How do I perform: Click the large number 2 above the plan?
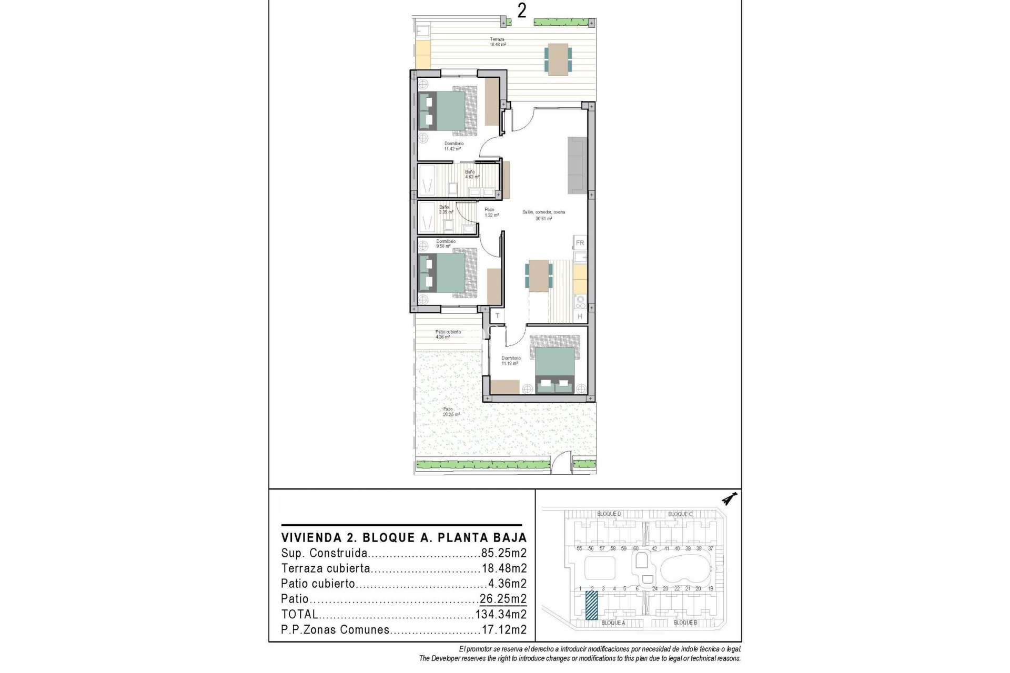pyautogui.click(x=521, y=11)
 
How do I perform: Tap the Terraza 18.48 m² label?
pyautogui.click(x=497, y=42)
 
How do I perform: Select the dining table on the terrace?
pyautogui.click(x=558, y=58)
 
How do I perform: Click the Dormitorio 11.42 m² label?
pyautogui.click(x=453, y=146)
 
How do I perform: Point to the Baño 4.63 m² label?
pyautogui.click(x=471, y=175)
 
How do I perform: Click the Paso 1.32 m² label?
pyautogui.click(x=491, y=212)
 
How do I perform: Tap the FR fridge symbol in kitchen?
pyautogui.click(x=580, y=243)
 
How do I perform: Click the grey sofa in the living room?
pyautogui.click(x=577, y=165)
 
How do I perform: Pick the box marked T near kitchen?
pyautogui.click(x=497, y=316)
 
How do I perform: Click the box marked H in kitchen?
pyautogui.click(x=580, y=317)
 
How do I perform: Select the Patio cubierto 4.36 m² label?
pyautogui.click(x=448, y=334)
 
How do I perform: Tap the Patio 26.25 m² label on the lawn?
pyautogui.click(x=450, y=412)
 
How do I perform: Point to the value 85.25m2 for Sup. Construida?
pyautogui.click(x=503, y=553)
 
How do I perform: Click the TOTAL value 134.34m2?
pyautogui.click(x=501, y=614)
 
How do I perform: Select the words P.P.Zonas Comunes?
pyautogui.click(x=335, y=629)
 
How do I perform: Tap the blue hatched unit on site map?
pyautogui.click(x=592, y=605)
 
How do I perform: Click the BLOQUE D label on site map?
pyautogui.click(x=609, y=514)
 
